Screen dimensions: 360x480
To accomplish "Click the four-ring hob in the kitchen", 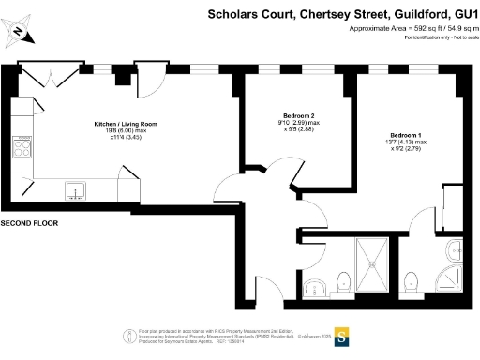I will pos(22,146).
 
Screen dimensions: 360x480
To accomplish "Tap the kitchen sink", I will pos(76,192).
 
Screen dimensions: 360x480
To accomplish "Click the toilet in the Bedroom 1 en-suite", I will pos(410,281).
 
